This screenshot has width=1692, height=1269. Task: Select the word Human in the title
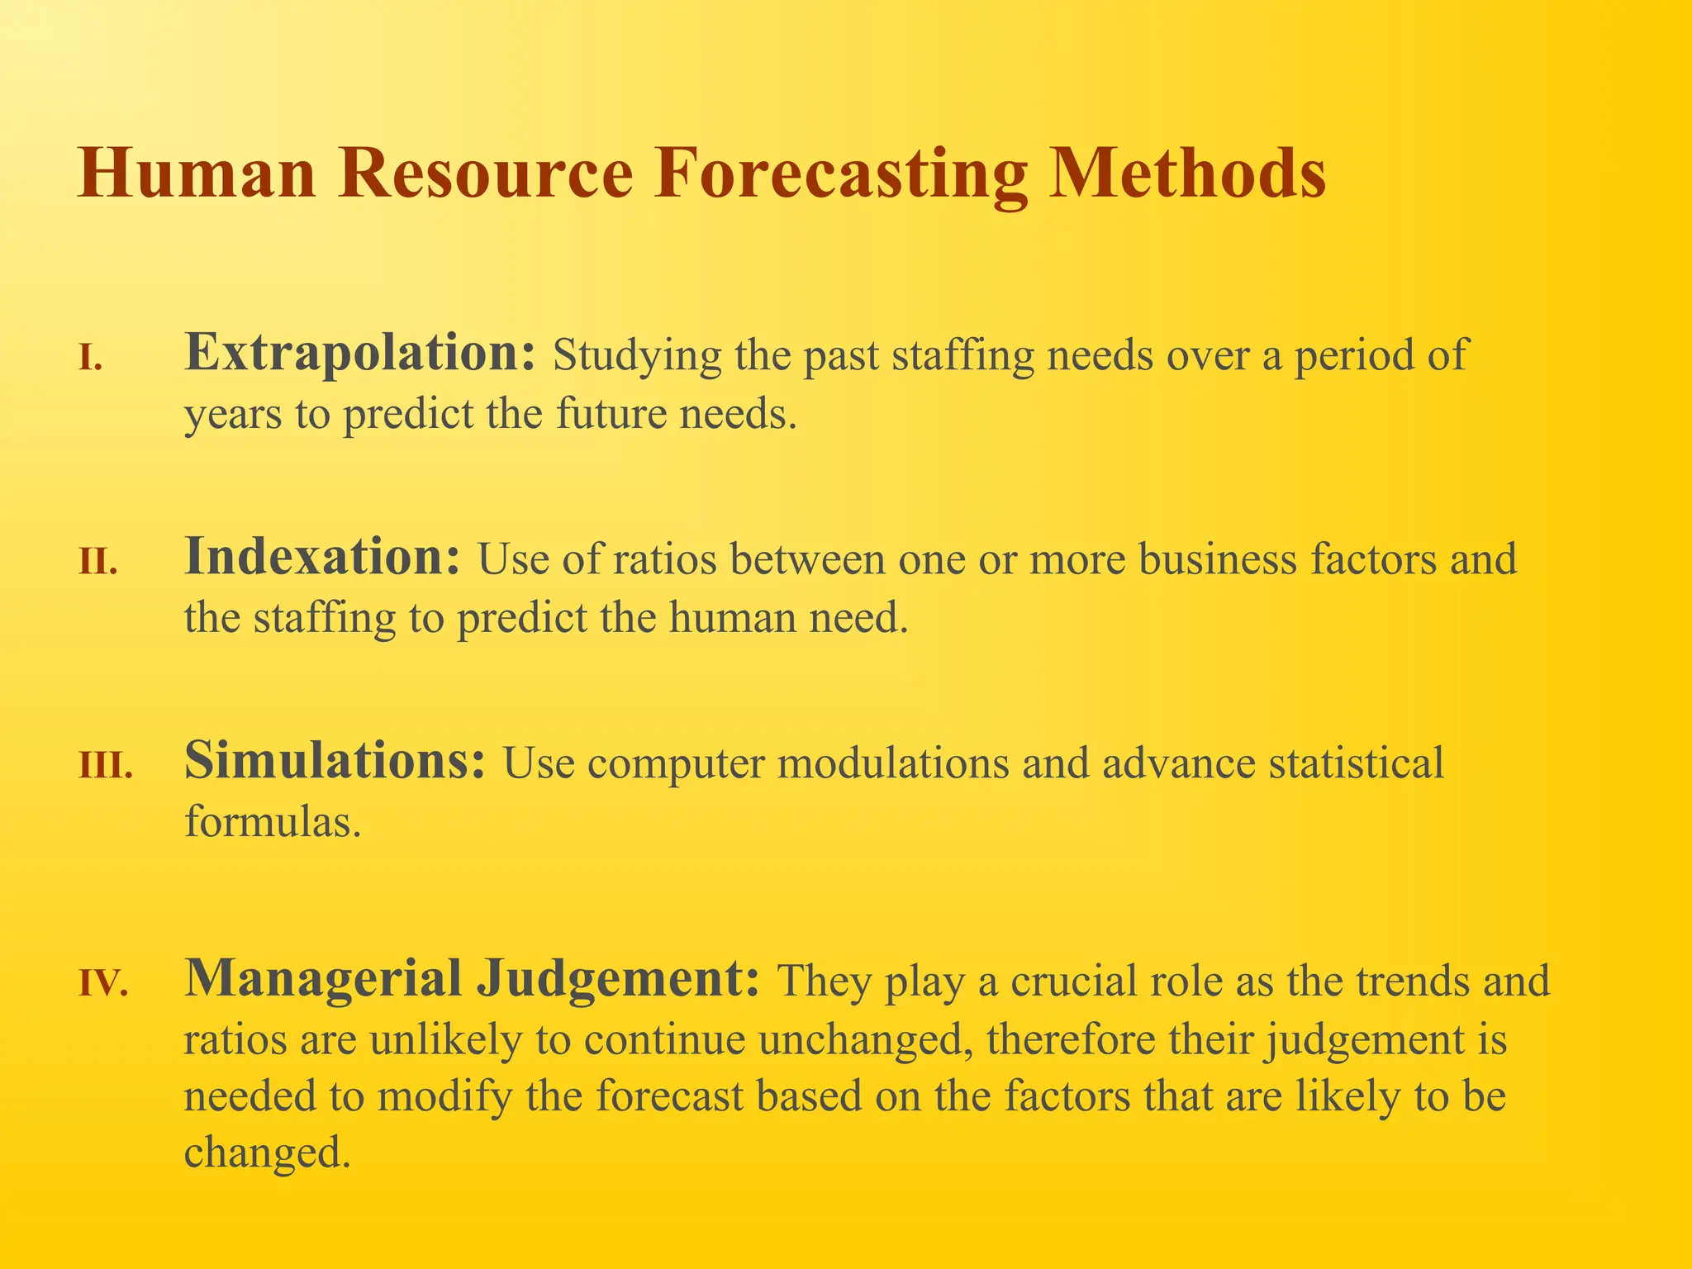197,173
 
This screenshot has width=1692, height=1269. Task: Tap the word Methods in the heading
1188,173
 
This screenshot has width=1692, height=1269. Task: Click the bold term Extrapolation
360,354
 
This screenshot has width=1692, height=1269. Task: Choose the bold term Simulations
335,760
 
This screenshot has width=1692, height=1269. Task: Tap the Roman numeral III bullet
106,767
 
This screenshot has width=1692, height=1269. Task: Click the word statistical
1356,763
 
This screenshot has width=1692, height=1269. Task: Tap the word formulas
272,820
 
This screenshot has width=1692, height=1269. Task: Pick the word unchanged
863,1039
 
